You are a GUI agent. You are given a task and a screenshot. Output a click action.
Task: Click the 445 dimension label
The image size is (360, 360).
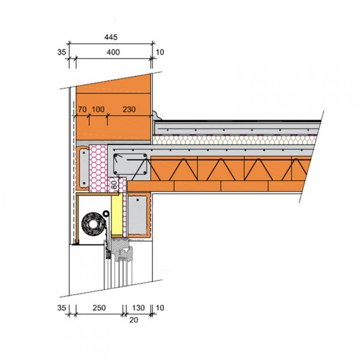tap(111, 37)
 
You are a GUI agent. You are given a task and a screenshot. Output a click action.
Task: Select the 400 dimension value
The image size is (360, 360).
tap(113, 52)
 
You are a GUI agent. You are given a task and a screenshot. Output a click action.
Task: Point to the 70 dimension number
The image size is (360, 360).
tap(82, 109)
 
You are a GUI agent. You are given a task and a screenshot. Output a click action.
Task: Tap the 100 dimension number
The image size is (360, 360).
tap(98, 109)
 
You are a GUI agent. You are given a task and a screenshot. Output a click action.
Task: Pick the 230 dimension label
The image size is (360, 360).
tap(129, 109)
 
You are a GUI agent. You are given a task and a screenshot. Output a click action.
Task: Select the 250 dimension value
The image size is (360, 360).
tap(99, 308)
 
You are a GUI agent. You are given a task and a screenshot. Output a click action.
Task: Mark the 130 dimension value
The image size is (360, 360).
tap(138, 308)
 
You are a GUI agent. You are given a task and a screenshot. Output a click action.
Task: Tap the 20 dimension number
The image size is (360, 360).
tap(134, 320)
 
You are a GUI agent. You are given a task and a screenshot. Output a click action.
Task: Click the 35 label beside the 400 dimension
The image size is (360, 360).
tap(62, 52)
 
